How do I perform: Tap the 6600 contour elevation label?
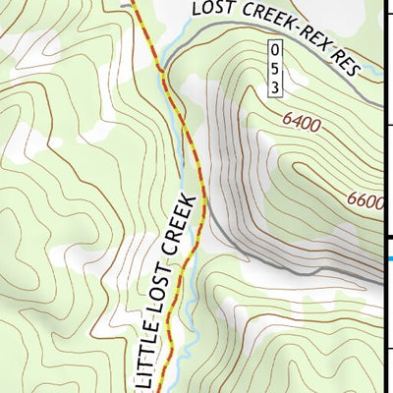pyautogui.click(x=365, y=200)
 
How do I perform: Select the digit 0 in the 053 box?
pyautogui.click(x=276, y=48)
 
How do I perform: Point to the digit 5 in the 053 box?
pyautogui.click(x=276, y=68)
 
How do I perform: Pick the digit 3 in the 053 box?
pyautogui.click(x=276, y=87)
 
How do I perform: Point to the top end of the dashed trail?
pyautogui.click(x=135, y=2)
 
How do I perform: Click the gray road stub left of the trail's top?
pyautogui.click(x=124, y=4)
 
